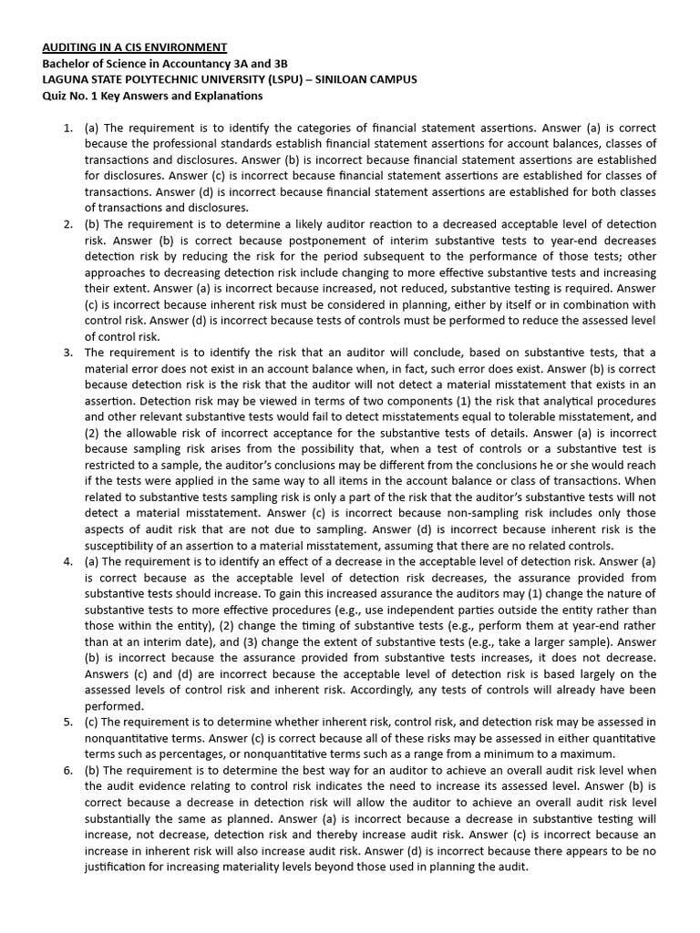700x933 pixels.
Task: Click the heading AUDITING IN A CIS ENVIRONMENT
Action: (x=135, y=46)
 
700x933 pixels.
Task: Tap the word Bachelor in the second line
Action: (x=67, y=63)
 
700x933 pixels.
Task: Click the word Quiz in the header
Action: (x=54, y=96)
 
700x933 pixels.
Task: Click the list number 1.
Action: (x=68, y=128)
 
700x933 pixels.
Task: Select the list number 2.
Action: (x=68, y=224)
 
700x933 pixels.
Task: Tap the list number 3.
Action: (x=68, y=352)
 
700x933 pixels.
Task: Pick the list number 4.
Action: (x=68, y=560)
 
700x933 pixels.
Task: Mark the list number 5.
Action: (x=68, y=721)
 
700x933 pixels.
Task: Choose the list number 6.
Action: (x=68, y=771)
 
